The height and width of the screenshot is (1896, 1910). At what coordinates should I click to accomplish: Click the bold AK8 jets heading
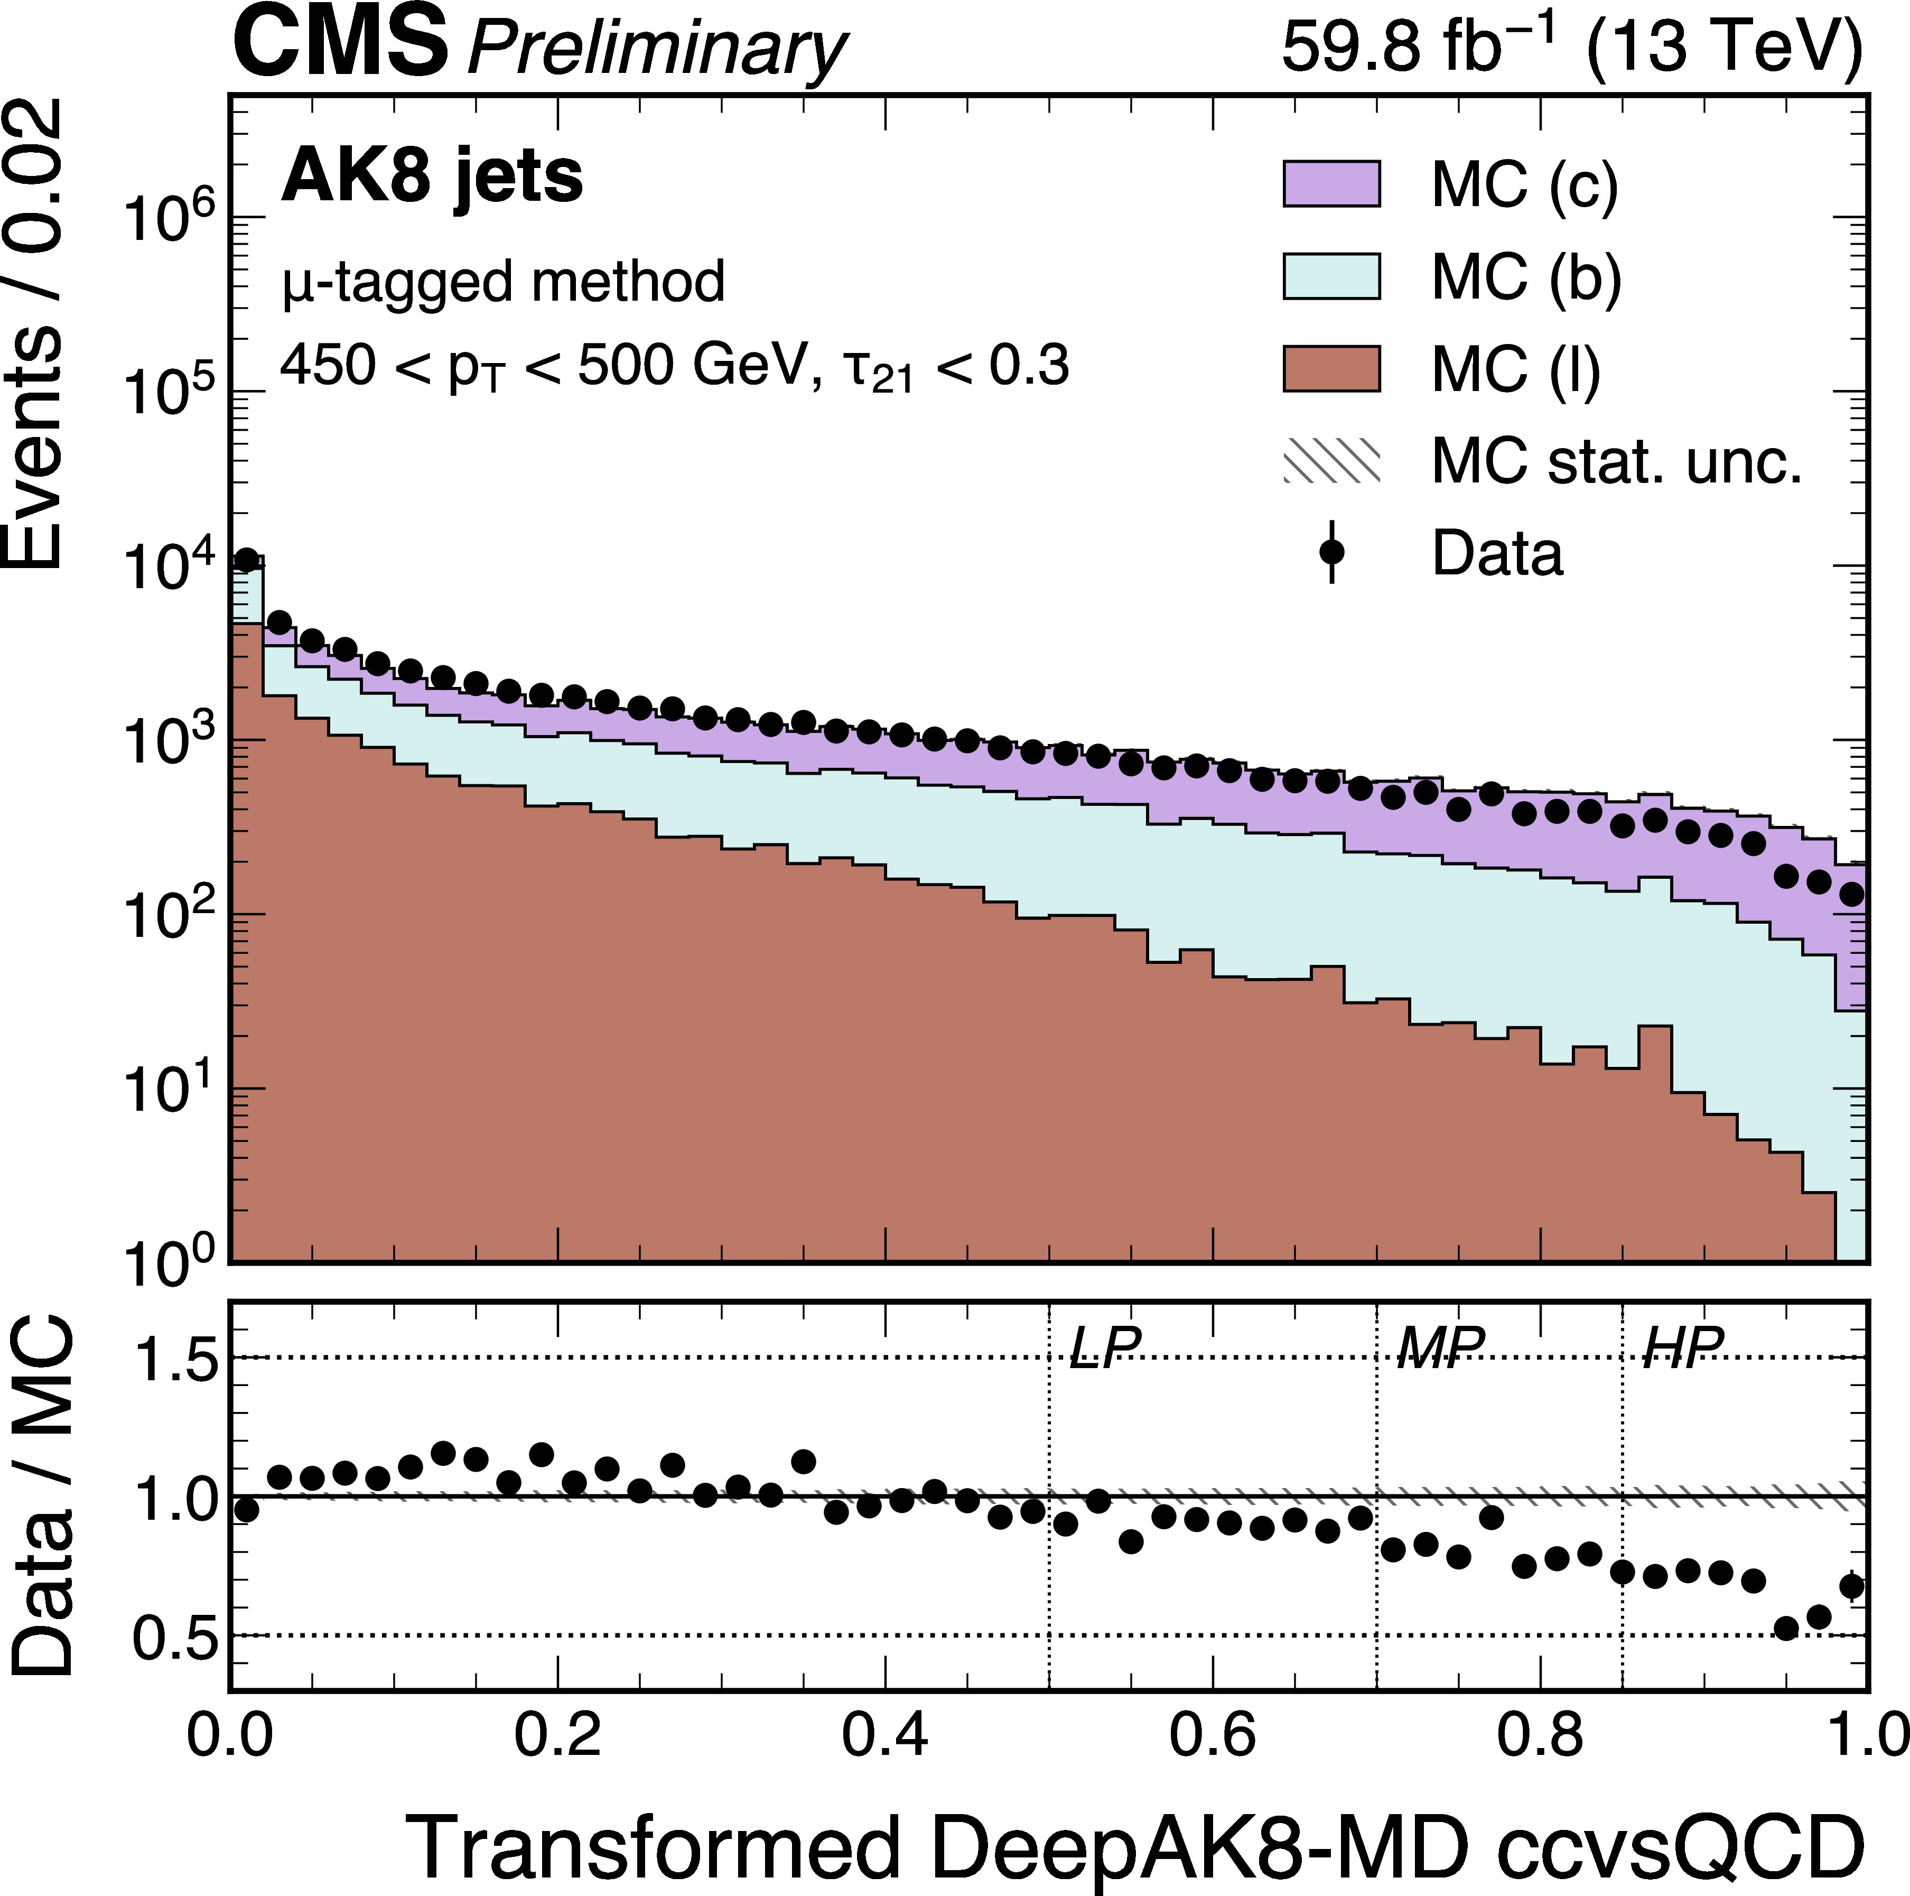click(432, 178)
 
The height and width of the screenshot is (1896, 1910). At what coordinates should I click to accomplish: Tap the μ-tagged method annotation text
click(503, 282)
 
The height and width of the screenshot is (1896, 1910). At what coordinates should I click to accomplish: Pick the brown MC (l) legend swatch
click(1331, 369)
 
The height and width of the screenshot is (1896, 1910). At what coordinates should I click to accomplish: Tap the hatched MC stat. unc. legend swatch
click(1331, 461)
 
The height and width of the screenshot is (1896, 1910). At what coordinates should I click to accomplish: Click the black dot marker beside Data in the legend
click(1331, 552)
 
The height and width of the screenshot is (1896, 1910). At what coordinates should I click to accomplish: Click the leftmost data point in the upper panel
click(246, 560)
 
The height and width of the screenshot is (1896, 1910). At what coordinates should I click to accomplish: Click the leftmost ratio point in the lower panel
click(246, 1510)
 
